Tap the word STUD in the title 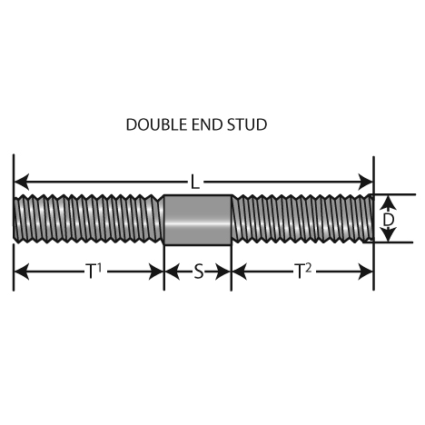[x=247, y=124]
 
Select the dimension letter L [x=195, y=183]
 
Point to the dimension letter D [x=389, y=220]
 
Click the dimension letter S [x=199, y=272]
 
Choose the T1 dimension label [x=94, y=271]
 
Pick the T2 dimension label [x=303, y=271]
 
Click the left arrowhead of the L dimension [x=22, y=182]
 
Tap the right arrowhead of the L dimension [x=365, y=182]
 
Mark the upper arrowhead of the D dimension [x=388, y=203]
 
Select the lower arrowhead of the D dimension [x=388, y=234]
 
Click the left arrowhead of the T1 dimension [x=22, y=272]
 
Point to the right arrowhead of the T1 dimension [x=156, y=272]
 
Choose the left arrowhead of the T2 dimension [x=240, y=272]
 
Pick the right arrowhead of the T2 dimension [x=365, y=272]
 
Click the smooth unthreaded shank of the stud [x=198, y=220]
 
